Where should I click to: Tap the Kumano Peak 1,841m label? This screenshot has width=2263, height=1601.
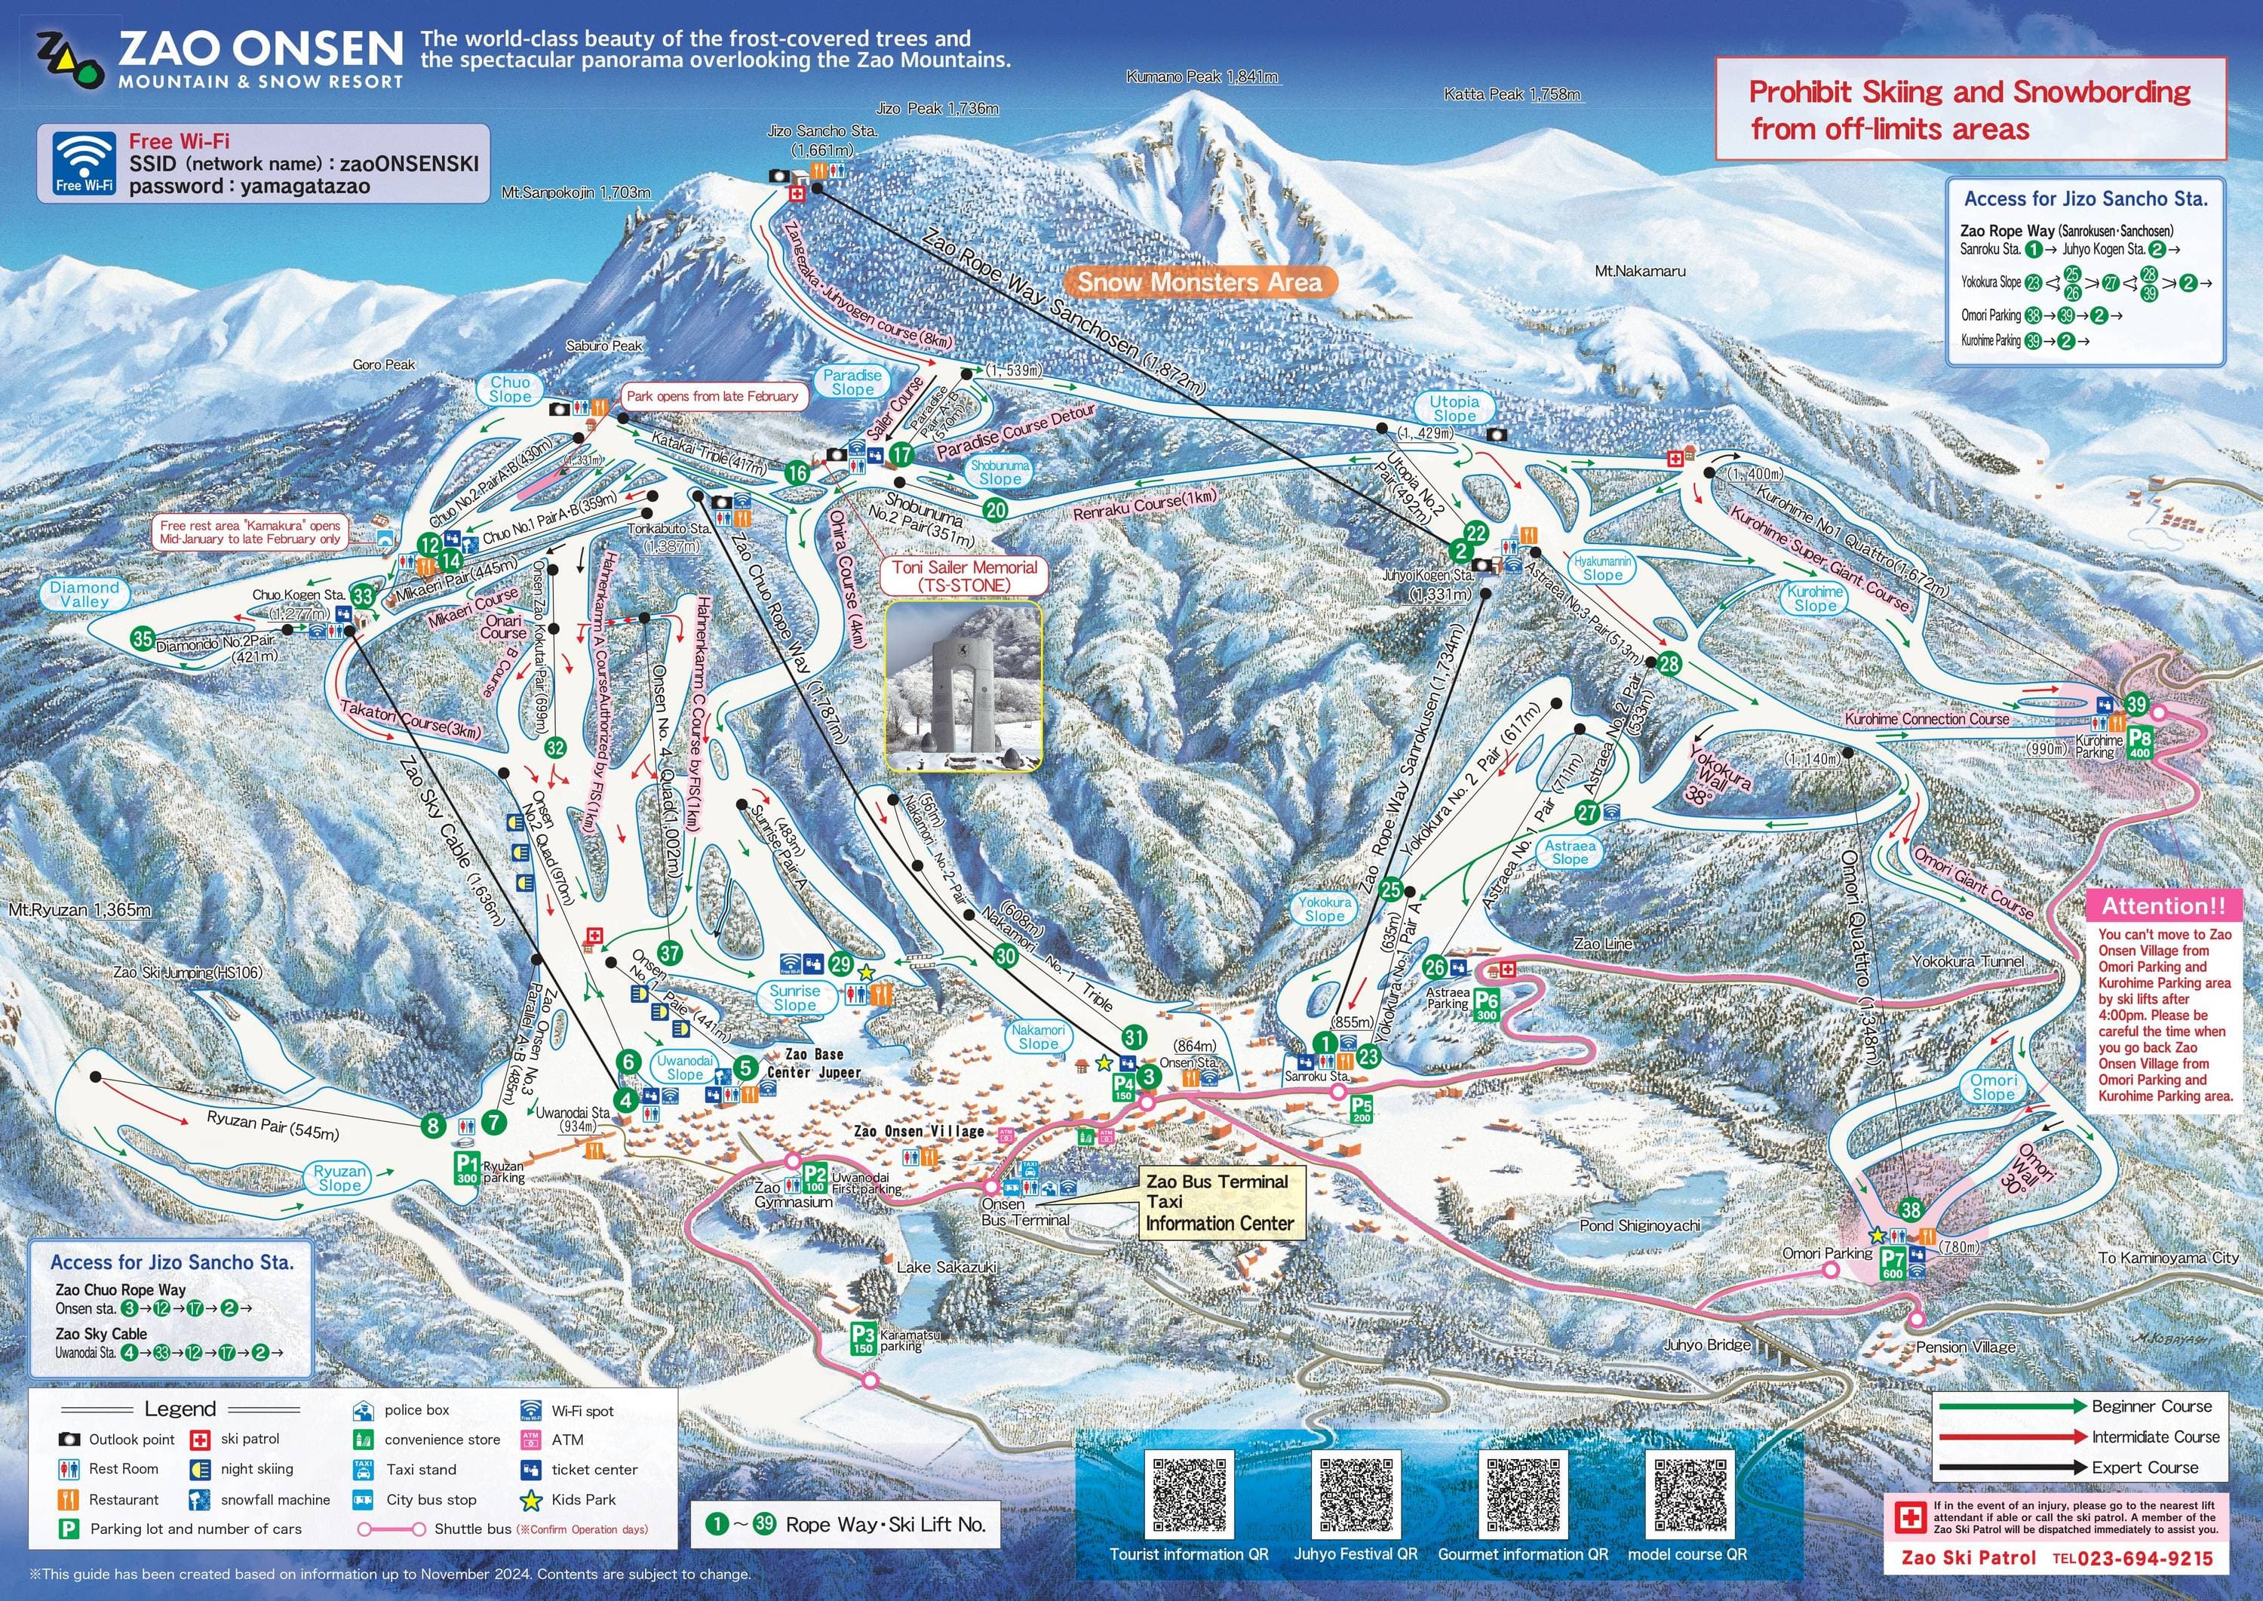[1202, 77]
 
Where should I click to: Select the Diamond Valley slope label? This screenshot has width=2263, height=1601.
[84, 594]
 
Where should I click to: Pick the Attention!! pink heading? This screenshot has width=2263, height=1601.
[2163, 905]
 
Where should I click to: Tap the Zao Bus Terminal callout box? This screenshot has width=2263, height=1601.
[1218, 1203]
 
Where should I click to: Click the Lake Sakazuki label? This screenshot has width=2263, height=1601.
[946, 1267]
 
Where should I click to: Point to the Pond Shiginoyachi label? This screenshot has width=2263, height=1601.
[1639, 1225]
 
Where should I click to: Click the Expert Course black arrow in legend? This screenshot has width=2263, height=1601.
[2011, 1467]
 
